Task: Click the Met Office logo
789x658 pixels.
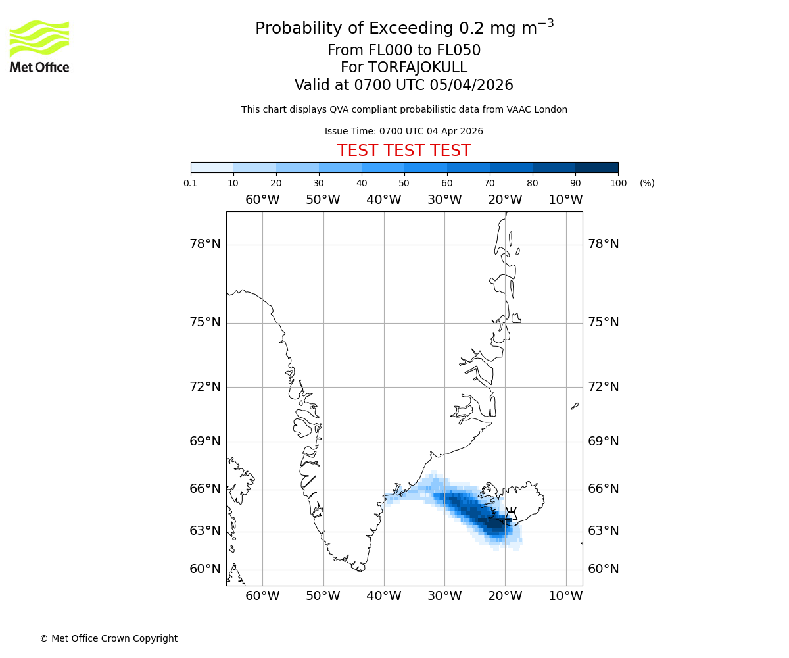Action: pyautogui.click(x=39, y=46)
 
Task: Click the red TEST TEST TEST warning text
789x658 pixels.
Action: pyautogui.click(x=404, y=151)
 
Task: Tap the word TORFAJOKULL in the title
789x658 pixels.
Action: pyautogui.click(x=419, y=68)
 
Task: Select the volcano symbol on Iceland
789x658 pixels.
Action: pyautogui.click(x=511, y=517)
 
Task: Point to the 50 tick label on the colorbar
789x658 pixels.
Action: pyautogui.click(x=404, y=183)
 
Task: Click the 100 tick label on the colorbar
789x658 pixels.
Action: pyautogui.click(x=618, y=183)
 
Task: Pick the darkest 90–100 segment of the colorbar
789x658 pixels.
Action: pyautogui.click(x=596, y=167)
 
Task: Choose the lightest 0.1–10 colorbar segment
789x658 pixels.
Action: pyautogui.click(x=212, y=167)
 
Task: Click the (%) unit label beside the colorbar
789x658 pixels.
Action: pyautogui.click(x=647, y=183)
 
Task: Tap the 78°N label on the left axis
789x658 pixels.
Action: pyautogui.click(x=205, y=244)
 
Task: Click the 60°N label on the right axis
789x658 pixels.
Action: pyautogui.click(x=604, y=569)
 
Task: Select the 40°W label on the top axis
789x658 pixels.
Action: pyautogui.click(x=384, y=200)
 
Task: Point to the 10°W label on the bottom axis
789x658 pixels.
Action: pyautogui.click(x=565, y=596)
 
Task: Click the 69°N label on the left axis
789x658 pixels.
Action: pyautogui.click(x=205, y=441)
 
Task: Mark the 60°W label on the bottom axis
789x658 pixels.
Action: pyautogui.click(x=262, y=596)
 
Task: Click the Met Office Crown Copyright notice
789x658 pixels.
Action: pyautogui.click(x=108, y=638)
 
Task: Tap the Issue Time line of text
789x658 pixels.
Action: pyautogui.click(x=404, y=131)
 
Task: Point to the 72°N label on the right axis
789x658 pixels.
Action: pyautogui.click(x=604, y=386)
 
